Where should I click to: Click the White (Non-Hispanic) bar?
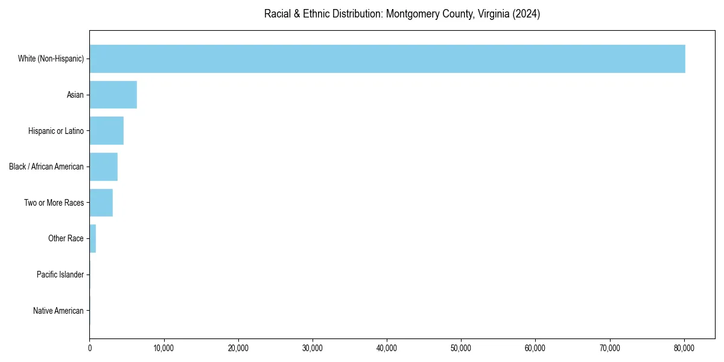(387, 59)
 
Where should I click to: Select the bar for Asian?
(113, 95)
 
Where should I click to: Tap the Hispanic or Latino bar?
(106, 131)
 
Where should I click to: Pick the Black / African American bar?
(103, 167)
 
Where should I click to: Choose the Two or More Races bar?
(101, 203)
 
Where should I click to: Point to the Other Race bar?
(92, 238)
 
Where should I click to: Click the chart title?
(402, 14)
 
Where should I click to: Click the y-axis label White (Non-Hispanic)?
(51, 59)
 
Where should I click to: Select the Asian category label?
(75, 95)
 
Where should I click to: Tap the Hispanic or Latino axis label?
(56, 131)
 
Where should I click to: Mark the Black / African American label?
(46, 167)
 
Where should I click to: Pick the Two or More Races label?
(54, 203)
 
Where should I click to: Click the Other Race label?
(66, 238)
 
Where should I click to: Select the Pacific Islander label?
(60, 275)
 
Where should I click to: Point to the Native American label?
(58, 311)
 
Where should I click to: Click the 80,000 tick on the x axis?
(684, 348)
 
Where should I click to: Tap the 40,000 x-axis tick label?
(387, 348)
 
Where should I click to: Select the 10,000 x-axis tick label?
(164, 348)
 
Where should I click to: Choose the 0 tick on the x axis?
(89, 348)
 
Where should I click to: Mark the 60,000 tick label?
(535, 348)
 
